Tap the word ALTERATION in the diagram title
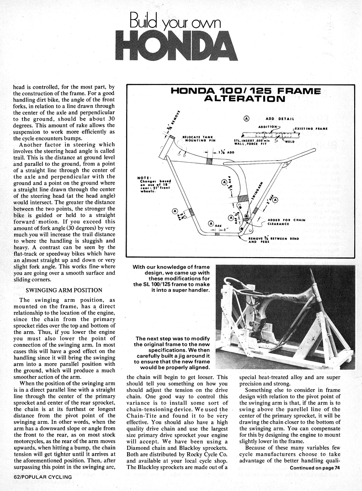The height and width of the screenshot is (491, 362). [x=245, y=98]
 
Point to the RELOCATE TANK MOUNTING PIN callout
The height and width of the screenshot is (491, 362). [x=198, y=138]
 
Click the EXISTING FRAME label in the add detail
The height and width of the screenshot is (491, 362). [x=311, y=129]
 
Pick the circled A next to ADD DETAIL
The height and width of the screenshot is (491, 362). [x=247, y=118]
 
